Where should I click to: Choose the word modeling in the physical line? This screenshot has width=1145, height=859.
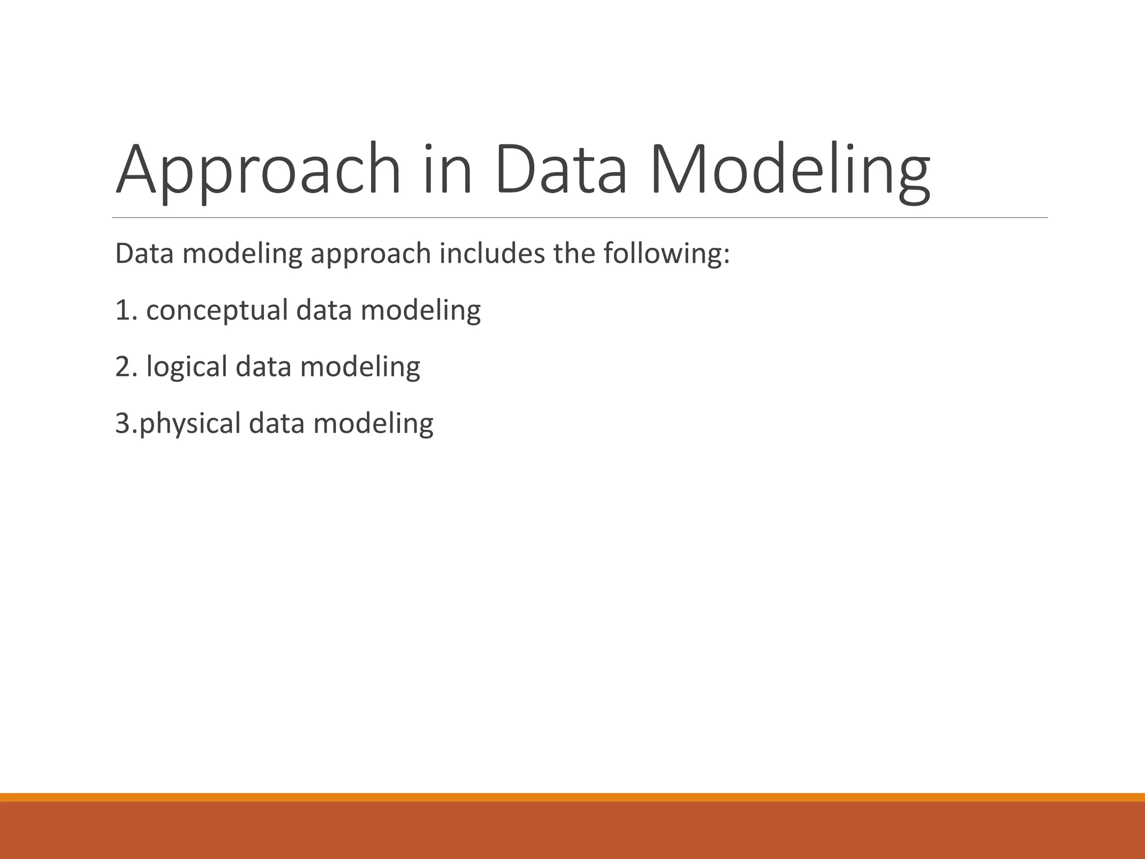coord(373,424)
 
